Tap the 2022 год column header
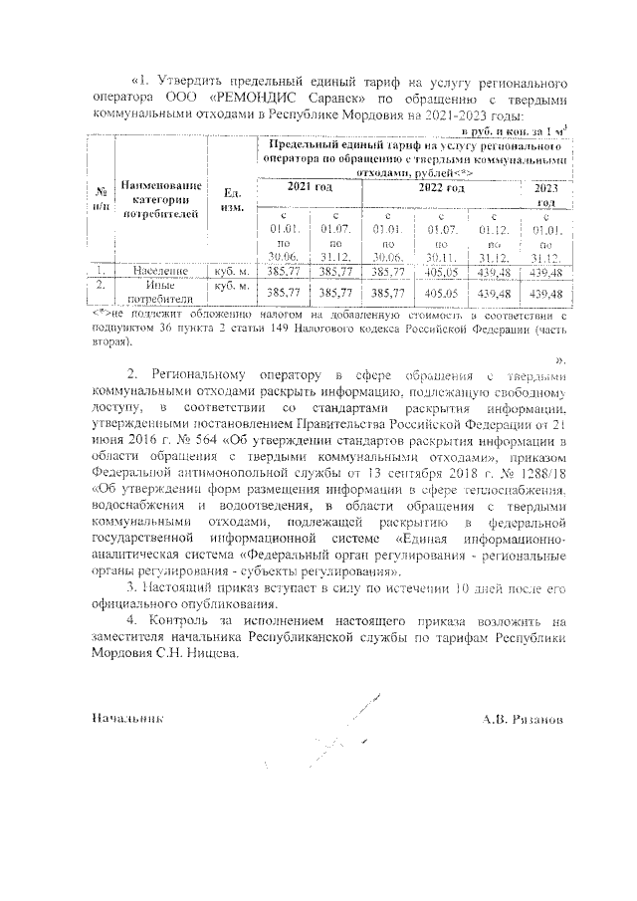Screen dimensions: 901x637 (x=440, y=188)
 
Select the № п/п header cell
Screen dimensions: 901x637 (x=101, y=199)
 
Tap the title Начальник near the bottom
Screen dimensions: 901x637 (x=126, y=717)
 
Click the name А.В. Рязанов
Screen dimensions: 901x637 (x=522, y=717)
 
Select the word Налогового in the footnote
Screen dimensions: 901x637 (x=310, y=329)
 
